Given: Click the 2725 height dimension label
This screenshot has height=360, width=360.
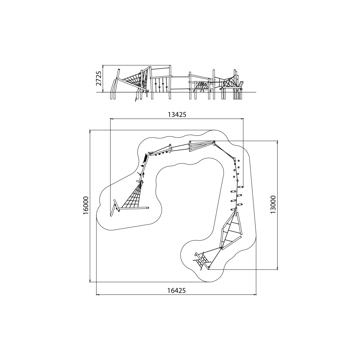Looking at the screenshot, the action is [x=99, y=78].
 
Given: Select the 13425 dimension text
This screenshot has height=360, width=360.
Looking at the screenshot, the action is [x=177, y=115].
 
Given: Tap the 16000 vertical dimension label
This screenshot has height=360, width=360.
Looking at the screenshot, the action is [x=86, y=206].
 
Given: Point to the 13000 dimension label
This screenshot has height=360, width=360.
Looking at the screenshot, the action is [x=273, y=204].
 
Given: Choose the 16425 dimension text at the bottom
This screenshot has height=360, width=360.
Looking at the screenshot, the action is [x=176, y=291].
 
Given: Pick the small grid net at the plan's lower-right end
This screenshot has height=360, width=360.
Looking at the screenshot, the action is [x=202, y=261].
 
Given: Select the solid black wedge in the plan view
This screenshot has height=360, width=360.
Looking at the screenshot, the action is [x=145, y=158].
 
